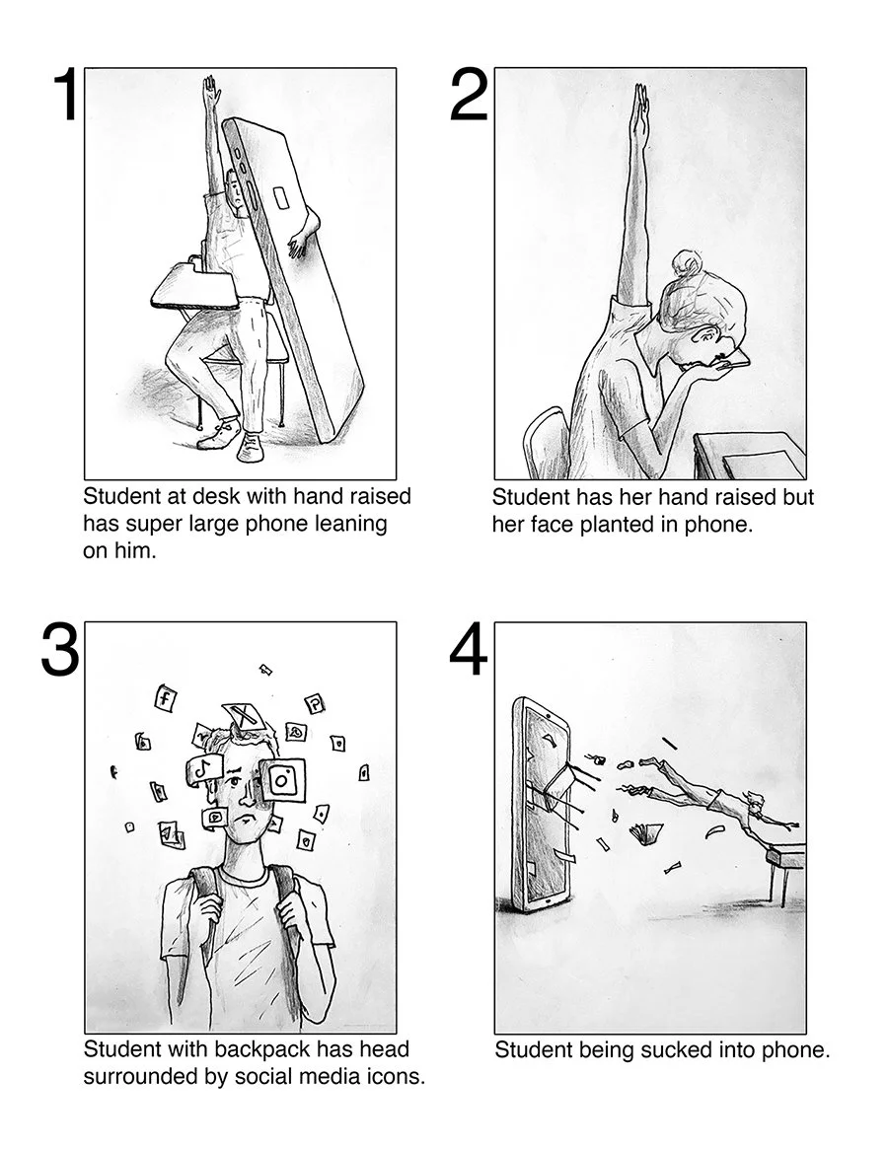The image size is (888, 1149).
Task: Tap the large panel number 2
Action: point(469,95)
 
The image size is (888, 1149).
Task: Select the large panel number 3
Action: point(59,649)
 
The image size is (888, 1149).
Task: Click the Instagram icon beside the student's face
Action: point(282,780)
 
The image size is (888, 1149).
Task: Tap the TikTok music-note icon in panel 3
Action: point(204,768)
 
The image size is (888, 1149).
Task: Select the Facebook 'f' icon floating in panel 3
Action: point(165,697)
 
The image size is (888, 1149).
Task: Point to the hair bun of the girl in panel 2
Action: point(688,263)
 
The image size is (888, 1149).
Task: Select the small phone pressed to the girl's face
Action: point(733,360)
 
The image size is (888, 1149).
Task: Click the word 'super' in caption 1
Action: point(151,524)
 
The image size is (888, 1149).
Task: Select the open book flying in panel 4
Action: point(646,832)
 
